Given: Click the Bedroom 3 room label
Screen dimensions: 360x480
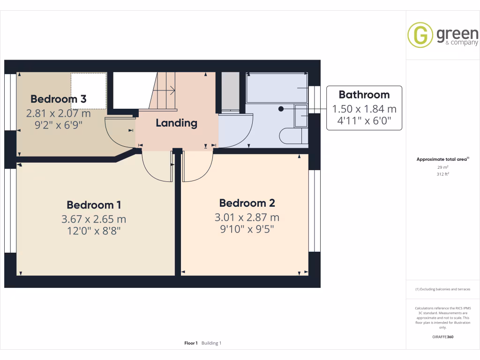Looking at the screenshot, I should pos(58,99).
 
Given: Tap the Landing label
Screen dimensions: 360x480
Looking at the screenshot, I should pos(176,123).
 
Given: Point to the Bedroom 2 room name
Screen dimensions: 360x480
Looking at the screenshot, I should pos(247,203).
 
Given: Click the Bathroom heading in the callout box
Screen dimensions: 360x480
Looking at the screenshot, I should pos(364,95).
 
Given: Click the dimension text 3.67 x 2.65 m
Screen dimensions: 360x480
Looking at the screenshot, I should pos(94,219).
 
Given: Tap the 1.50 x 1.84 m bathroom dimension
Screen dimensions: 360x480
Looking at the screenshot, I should pos(364,109).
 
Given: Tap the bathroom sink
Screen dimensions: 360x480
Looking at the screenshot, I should pos(300,116).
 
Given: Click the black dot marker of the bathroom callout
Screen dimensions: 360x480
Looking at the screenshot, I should pos(281,109).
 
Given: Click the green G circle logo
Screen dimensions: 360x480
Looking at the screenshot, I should pos(420,36).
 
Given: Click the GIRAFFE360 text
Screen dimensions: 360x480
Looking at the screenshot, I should pos(442,337).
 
